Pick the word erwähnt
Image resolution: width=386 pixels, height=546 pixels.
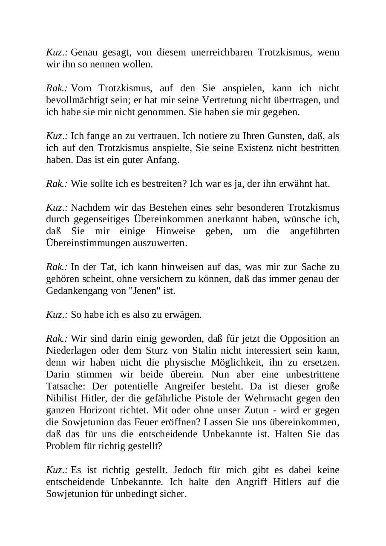pyautogui.click(x=297, y=184)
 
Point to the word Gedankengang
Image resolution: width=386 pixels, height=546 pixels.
pyautogui.click(x=74, y=291)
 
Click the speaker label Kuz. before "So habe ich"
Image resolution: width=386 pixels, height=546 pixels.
pyautogui.click(x=57, y=315)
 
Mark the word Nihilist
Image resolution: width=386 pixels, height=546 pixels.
pyautogui.click(x=63, y=398)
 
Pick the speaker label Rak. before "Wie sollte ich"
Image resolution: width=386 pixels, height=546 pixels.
pyautogui.click(x=57, y=184)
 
